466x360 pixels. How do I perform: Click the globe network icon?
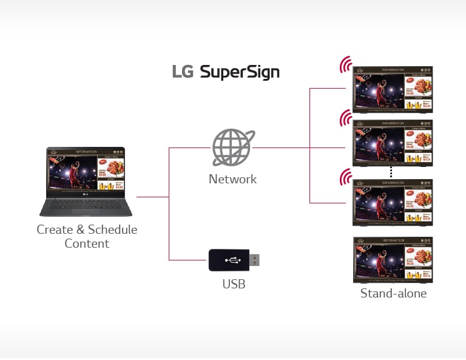click(x=232, y=148)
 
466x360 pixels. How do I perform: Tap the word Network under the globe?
click(x=232, y=179)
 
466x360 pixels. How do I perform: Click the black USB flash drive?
click(x=229, y=260)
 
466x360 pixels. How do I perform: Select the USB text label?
click(x=234, y=284)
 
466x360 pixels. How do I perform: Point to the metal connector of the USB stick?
click(x=255, y=260)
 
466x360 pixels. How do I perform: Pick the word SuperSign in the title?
click(x=240, y=73)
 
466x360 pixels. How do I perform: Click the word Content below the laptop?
click(x=87, y=243)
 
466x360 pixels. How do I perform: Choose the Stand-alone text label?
click(x=393, y=293)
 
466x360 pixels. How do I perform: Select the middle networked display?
click(x=393, y=142)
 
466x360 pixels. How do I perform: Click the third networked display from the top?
click(x=393, y=202)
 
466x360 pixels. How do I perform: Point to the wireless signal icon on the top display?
click(x=346, y=64)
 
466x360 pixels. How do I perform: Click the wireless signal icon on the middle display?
click(x=346, y=118)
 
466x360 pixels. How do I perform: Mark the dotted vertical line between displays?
click(x=391, y=172)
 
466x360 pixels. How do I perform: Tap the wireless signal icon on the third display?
click(x=346, y=178)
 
